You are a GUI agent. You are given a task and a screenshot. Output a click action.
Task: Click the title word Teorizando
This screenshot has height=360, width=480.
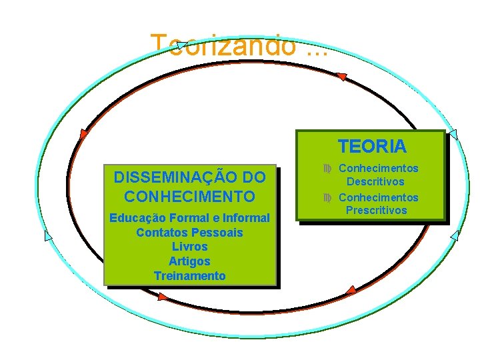(223, 45)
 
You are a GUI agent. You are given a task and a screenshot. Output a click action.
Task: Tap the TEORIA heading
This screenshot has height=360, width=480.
(371, 145)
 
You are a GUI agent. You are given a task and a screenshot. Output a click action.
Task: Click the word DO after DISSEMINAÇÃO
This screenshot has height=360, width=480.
(254, 178)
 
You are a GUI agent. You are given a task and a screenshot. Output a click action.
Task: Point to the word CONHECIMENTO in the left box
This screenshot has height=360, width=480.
(189, 197)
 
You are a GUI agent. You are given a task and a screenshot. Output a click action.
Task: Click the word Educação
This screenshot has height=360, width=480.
(135, 218)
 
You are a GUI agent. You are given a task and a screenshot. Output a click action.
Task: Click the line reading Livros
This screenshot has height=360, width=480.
(189, 247)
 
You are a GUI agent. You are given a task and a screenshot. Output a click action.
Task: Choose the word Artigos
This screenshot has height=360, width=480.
(189, 261)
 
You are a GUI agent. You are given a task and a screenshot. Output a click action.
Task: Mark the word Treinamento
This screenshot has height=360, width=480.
(189, 276)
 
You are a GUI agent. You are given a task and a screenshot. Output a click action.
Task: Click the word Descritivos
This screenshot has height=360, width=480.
(374, 181)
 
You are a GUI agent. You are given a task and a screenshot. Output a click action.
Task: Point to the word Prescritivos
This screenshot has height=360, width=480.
(376, 211)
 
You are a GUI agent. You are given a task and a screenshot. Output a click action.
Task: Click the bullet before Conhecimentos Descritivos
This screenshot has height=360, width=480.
(327, 169)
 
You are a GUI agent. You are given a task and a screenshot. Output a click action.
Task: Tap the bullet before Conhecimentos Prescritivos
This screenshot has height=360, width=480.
(327, 198)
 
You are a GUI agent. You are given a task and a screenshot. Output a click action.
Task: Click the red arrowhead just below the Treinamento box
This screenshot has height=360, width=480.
(163, 296)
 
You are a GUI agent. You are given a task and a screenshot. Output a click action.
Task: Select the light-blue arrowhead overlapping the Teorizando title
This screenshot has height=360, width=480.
(181, 46)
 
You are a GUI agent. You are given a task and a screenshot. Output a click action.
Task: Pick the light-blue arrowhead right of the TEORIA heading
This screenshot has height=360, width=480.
(453, 135)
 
